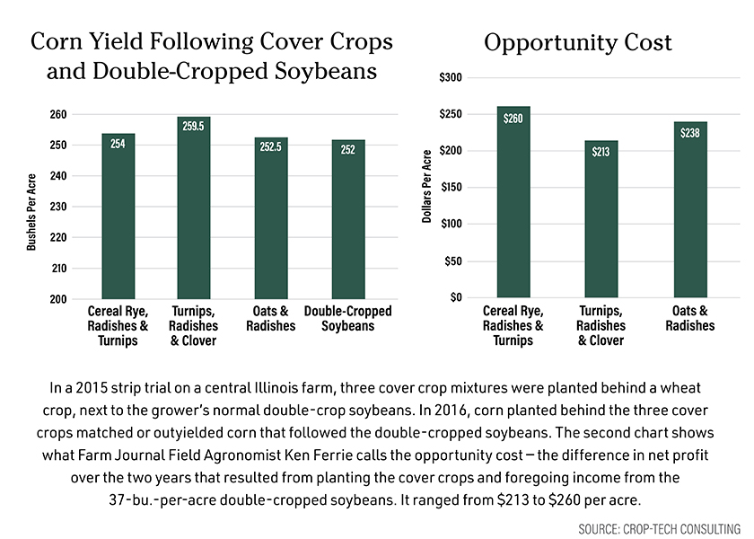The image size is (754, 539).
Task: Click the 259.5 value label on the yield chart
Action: point(193,128)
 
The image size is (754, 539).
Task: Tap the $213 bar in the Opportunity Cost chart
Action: point(601,219)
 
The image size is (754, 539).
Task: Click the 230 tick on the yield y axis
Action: point(57,207)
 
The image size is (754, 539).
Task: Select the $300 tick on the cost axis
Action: point(451,78)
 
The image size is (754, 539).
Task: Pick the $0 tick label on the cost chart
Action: point(456,297)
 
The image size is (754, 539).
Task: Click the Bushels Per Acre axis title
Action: point(31,212)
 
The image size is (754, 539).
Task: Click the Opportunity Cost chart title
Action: point(578,43)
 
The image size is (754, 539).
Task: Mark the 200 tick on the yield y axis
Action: point(57,299)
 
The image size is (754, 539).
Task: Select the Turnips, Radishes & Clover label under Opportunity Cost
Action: point(601,326)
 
